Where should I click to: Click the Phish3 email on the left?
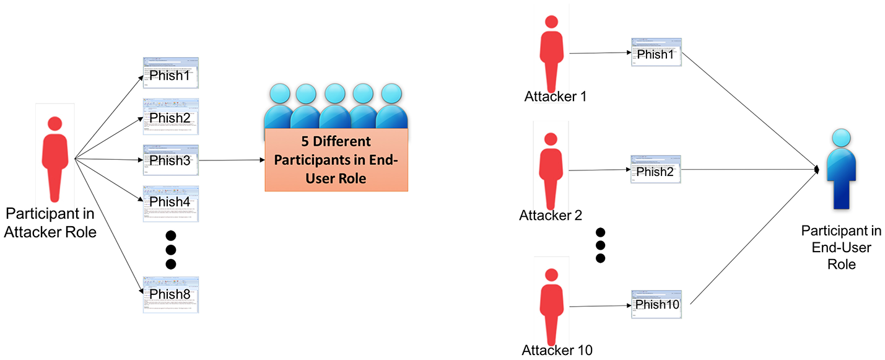point(170,161)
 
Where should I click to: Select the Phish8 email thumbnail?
point(170,294)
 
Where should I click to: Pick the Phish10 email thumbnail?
point(656,304)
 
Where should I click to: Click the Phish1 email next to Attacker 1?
point(655,53)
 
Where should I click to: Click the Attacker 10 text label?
point(557,350)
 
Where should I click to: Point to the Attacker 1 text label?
point(555,97)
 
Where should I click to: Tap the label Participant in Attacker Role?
point(51,223)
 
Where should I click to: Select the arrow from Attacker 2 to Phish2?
point(599,170)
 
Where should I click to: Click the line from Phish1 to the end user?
point(749,108)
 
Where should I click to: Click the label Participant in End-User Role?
point(840,247)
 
